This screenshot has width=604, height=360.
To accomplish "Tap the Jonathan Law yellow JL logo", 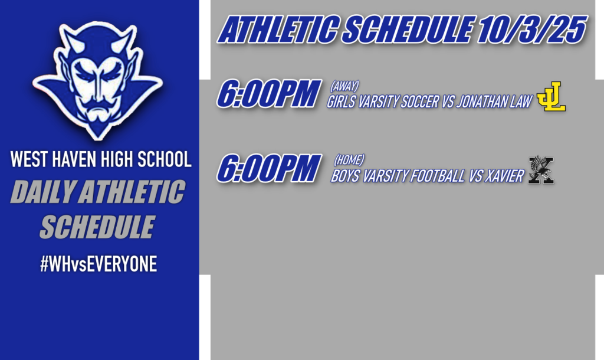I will tap(551, 97).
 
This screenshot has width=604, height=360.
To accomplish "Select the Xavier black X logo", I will tap(541, 171).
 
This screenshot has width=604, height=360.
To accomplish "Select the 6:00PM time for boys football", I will tap(268, 168).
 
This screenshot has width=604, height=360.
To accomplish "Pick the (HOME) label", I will tap(349, 159).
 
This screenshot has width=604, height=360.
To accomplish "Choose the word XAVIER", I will tap(504, 176).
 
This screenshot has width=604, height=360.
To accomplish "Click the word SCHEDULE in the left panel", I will tap(97, 227).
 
